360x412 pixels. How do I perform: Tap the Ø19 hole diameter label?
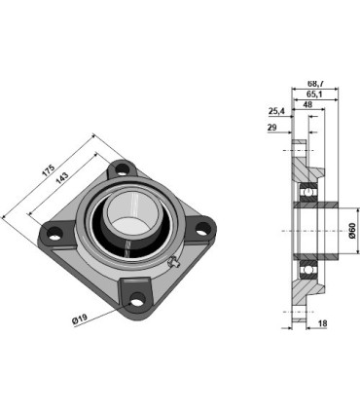click(x=80, y=318)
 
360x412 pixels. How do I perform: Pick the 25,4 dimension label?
click(x=275, y=111)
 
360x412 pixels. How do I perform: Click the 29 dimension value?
click(x=272, y=129)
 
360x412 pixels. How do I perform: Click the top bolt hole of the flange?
click(x=122, y=170)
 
